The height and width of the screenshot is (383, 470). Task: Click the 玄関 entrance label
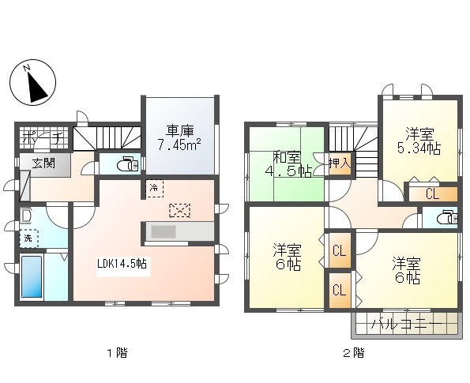pyautogui.click(x=44, y=163)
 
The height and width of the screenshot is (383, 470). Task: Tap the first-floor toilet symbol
pyautogui.click(x=126, y=165)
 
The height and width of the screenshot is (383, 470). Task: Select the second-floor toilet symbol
pyautogui.click(x=447, y=217)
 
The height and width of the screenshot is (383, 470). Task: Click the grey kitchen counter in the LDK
pyautogui.click(x=178, y=231)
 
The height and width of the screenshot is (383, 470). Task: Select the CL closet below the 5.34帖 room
pyautogui.click(x=431, y=193)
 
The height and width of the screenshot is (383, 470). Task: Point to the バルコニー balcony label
pyautogui.click(x=404, y=323)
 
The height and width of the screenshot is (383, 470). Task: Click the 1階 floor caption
pyautogui.click(x=118, y=352)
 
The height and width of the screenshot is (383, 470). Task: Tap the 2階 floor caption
pyautogui.click(x=353, y=352)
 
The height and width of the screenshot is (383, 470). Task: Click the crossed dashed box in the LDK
pyautogui.click(x=180, y=210)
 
